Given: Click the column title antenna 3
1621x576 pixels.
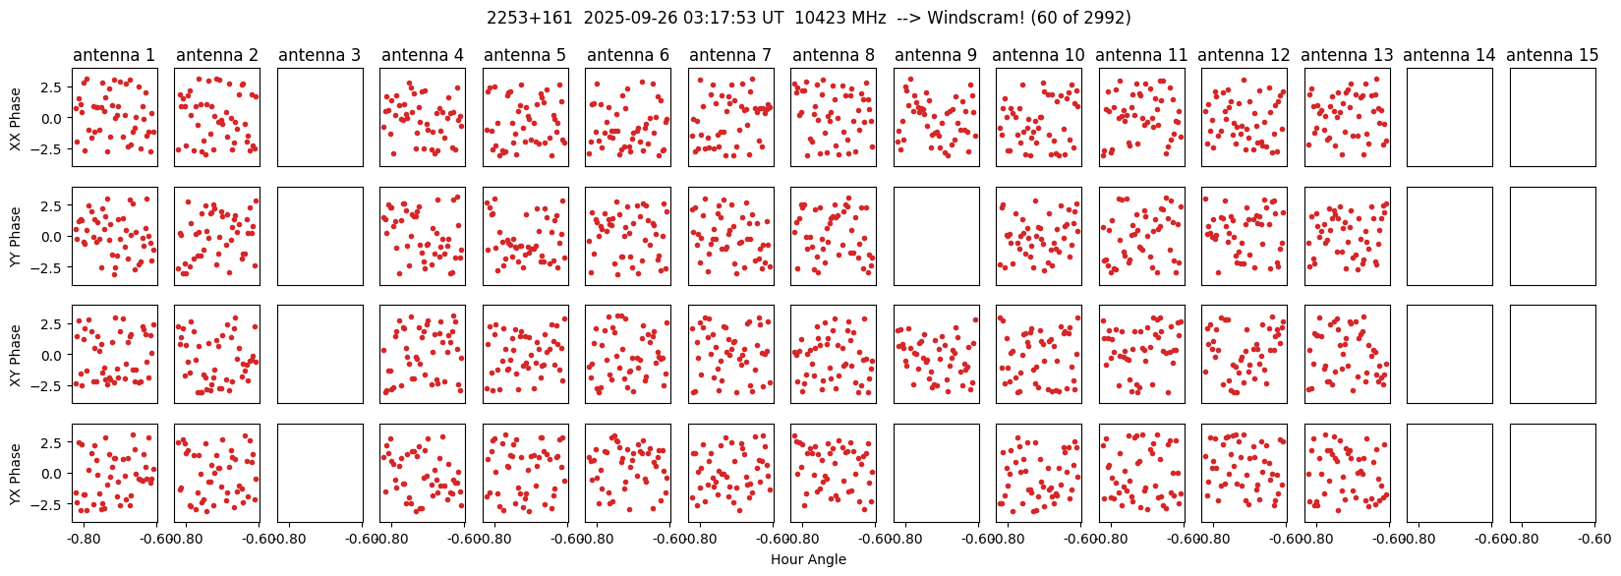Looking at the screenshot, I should pyautogui.click(x=319, y=56).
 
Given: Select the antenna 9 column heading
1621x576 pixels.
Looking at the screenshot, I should pyautogui.click(x=936, y=56).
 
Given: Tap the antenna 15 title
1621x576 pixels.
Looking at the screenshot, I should pyautogui.click(x=1552, y=56).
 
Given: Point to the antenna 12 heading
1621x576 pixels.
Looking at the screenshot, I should pyautogui.click(x=1245, y=56).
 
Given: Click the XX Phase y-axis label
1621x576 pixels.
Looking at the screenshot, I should pyautogui.click(x=16, y=118).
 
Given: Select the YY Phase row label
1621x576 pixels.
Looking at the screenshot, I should pyautogui.click(x=16, y=236).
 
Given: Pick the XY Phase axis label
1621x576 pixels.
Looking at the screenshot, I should pyautogui.click(x=16, y=354).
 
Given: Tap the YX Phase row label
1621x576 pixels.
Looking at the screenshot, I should pyautogui.click(x=16, y=473).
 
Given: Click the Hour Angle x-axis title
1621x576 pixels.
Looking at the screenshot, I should pyautogui.click(x=808, y=560).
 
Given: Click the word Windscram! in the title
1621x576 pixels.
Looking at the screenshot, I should pyautogui.click(x=973, y=18).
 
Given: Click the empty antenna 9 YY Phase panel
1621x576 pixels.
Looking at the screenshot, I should pyautogui.click(x=936, y=236).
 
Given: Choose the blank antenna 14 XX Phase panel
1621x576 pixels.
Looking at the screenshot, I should pyautogui.click(x=1450, y=118).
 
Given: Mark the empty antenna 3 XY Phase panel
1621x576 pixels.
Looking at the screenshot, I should pyautogui.click(x=319, y=354).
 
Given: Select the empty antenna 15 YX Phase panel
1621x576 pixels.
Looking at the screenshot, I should pyautogui.click(x=1552, y=473).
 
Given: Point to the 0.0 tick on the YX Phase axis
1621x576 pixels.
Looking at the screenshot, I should pyautogui.click(x=54, y=473).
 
